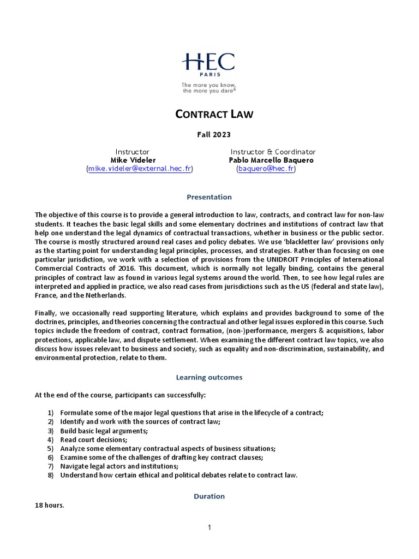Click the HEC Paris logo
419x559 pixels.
pos(209,65)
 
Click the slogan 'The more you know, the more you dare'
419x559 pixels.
pos(209,88)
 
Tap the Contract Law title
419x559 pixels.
pos(209,114)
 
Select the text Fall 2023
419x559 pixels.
pos(209,134)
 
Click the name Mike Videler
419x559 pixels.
pos(132,160)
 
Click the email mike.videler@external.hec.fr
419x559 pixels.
pos(140,169)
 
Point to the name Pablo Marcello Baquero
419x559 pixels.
pos(271,160)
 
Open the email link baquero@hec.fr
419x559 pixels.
pos(266,169)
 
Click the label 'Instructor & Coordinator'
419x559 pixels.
pos(273,151)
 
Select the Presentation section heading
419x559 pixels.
pos(209,197)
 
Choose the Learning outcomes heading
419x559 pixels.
pos(209,377)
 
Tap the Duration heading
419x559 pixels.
pos(209,496)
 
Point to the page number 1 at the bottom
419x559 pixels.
pos(209,527)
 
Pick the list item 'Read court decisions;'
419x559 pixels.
pos(93,439)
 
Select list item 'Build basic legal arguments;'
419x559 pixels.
pos(104,431)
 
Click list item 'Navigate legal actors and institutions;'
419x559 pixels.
pos(119,466)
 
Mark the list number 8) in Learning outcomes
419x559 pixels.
pos(51,475)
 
